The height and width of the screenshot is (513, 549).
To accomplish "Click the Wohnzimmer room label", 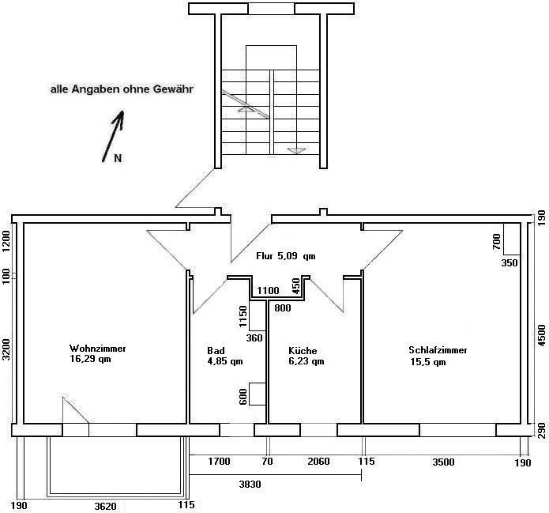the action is (98, 349).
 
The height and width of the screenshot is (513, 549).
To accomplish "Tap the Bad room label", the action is (216, 351).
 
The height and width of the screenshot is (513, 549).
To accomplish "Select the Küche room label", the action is (303, 351).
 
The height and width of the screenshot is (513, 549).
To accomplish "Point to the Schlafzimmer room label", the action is (438, 350).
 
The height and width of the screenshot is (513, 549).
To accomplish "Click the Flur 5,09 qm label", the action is (286, 256).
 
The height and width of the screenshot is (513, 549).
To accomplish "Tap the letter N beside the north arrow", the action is (118, 158).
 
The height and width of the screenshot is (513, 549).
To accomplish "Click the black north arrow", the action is (113, 136).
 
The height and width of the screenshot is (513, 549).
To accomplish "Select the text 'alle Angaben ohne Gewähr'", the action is (122, 89).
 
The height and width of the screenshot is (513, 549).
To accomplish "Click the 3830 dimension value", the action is (250, 485).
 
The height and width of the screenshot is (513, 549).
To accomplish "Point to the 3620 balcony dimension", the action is (105, 507).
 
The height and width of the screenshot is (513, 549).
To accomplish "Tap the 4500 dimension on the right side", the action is (541, 335).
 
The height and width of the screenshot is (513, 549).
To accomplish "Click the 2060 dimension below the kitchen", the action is (318, 462).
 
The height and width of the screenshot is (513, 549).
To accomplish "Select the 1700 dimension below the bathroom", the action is (219, 462).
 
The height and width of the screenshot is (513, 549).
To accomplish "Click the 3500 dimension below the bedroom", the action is (443, 462).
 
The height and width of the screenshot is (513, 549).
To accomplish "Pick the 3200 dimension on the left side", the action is (6, 349).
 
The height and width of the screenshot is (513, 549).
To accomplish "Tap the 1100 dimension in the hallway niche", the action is (269, 291).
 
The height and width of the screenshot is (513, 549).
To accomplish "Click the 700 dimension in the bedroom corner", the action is (497, 242).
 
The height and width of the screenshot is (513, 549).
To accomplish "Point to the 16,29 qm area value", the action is (90, 359).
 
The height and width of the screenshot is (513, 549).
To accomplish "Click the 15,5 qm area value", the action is (428, 362).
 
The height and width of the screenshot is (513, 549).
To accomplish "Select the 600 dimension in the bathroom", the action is (243, 397).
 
